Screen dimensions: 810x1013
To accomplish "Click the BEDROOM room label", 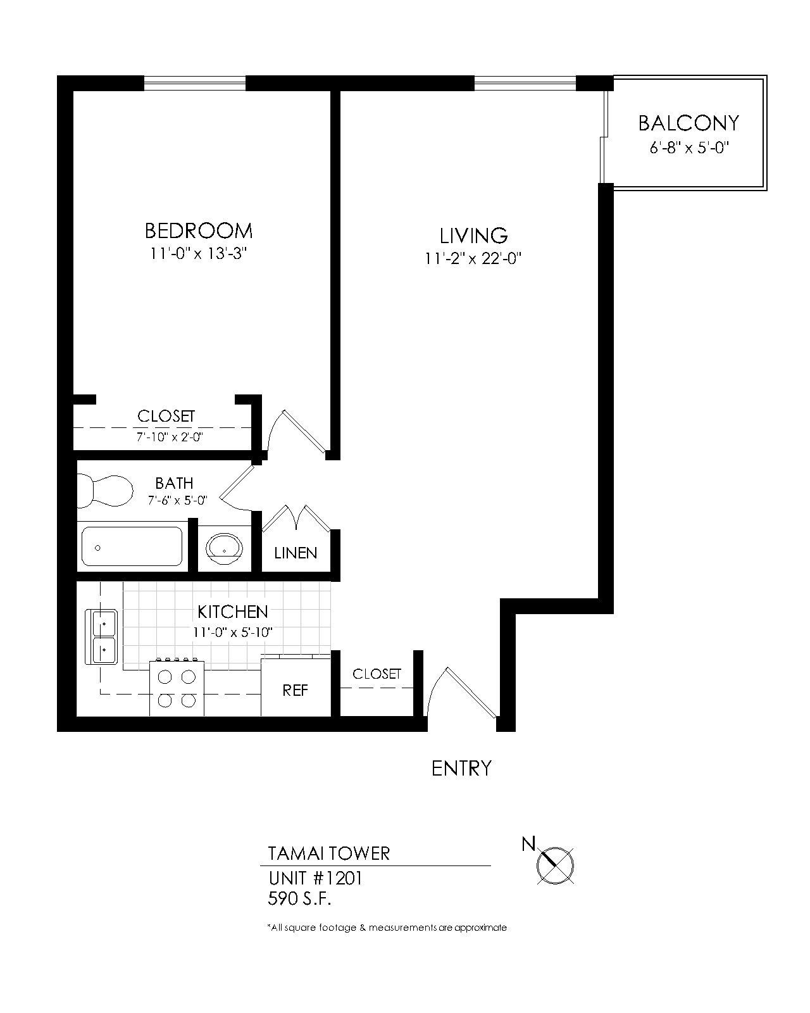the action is pos(198,230).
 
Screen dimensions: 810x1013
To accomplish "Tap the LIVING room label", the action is pos(473,236).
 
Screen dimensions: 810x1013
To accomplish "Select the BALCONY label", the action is pos(688,123).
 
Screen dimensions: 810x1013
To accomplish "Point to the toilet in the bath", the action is pos(104,491).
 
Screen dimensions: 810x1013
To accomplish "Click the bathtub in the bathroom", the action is pos(132,546).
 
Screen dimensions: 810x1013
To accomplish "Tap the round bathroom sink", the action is pos(225,548).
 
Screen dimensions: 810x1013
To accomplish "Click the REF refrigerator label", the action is pos(295,691).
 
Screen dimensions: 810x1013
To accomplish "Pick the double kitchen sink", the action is pos(101,636).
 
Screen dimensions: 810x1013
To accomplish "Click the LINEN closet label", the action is pos(296,553).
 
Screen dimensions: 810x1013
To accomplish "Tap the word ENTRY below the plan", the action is pos(461,768).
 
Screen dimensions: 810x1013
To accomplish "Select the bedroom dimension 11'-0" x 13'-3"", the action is pos(198,254).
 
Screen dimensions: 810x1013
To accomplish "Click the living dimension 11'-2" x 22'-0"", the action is pos(473,258).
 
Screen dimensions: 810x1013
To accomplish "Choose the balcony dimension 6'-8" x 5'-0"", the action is pos(689,148).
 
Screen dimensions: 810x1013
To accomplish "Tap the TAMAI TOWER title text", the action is pos(328,853).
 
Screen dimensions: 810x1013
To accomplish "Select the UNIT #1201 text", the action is pos(315,878).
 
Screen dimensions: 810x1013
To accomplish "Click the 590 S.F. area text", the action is pos(299,899).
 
